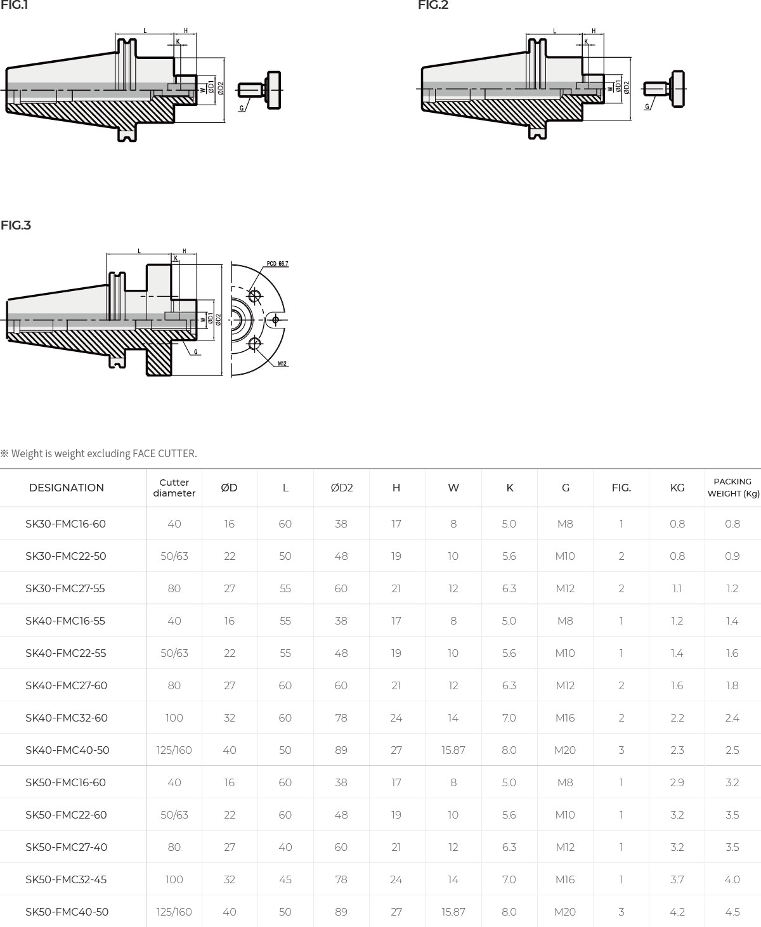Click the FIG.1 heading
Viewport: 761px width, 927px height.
point(14,6)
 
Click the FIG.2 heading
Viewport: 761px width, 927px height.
point(433,6)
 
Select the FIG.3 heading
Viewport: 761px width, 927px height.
point(16,225)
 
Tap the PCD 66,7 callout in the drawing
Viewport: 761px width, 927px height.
point(277,264)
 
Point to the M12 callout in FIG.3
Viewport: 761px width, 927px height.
point(282,364)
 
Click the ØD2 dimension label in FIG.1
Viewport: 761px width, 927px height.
point(221,88)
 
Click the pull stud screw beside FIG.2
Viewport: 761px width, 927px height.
point(664,89)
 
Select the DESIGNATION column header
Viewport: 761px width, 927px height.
point(67,488)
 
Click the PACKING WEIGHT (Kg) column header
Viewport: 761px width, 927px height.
point(732,488)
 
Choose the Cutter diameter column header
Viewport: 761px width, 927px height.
point(174,488)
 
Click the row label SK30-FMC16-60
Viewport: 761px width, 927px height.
point(65,524)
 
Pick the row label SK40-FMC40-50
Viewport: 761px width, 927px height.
point(67,750)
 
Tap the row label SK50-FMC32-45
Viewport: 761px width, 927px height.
point(66,879)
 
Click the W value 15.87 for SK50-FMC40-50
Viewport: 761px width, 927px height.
point(453,912)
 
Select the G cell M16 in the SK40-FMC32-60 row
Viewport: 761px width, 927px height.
point(565,718)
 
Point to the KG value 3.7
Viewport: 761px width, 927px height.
point(677,879)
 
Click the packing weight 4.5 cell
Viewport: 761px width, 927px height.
point(732,912)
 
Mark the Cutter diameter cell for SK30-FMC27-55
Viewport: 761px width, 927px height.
point(174,588)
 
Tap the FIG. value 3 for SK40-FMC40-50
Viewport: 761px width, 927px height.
point(621,750)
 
